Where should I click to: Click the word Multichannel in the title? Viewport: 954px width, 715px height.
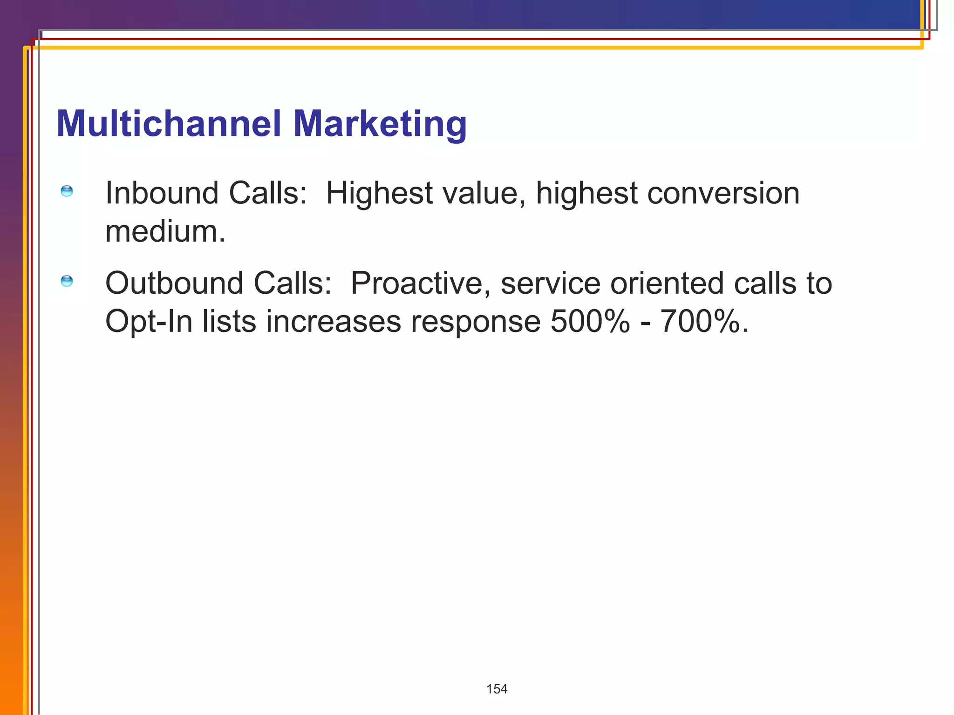[x=169, y=124]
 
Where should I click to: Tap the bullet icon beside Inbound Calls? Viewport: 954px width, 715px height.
[x=67, y=191]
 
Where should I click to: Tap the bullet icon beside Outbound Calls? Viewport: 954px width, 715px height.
[x=67, y=281]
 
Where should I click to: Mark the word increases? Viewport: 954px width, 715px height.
[x=333, y=322]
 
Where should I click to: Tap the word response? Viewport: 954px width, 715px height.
[x=475, y=322]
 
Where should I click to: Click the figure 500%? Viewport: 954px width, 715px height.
[x=590, y=322]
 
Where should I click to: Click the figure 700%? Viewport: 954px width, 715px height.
[x=704, y=322]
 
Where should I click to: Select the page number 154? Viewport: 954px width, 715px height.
[x=497, y=689]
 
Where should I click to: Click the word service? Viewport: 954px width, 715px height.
[x=550, y=283]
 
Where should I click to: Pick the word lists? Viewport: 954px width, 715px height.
[x=229, y=322]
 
